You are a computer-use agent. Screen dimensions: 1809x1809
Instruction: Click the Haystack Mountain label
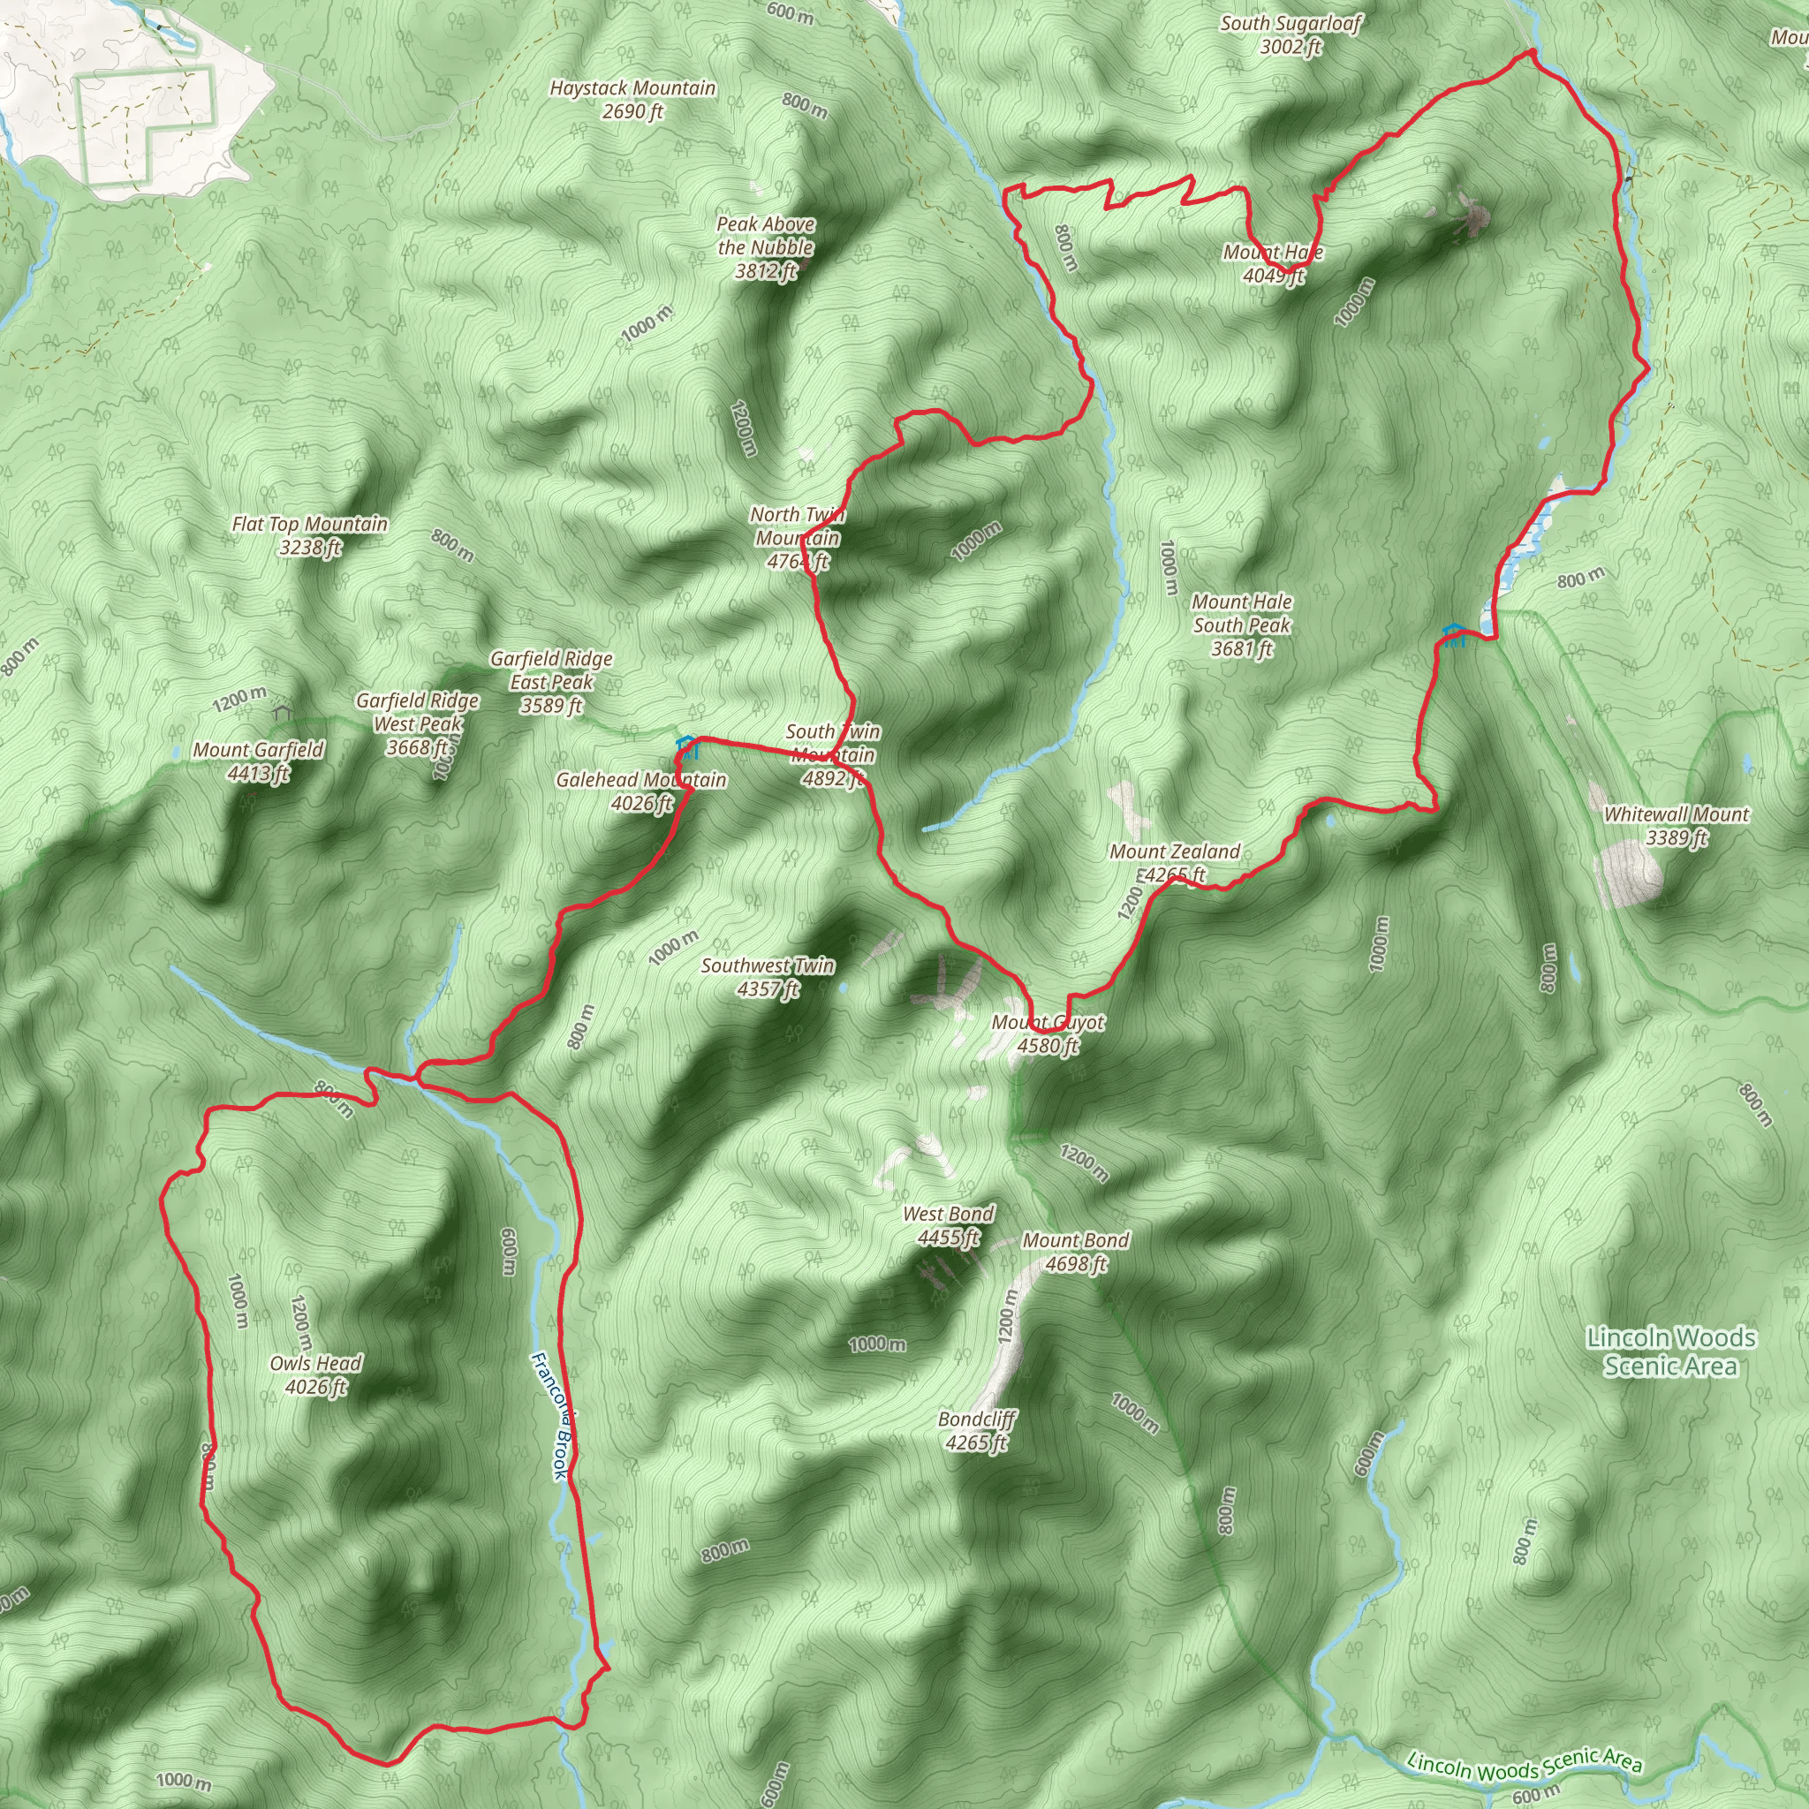pyautogui.click(x=632, y=99)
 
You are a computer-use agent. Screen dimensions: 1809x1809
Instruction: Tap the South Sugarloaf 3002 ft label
pyautogui.click(x=1291, y=34)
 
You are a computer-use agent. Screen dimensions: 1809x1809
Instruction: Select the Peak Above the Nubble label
pyautogui.click(x=765, y=248)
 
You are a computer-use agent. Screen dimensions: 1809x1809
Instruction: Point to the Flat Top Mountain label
pyautogui.click(x=310, y=535)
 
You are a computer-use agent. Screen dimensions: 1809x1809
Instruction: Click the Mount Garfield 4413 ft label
pyautogui.click(x=259, y=761)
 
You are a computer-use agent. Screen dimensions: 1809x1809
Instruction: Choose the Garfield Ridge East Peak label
pyautogui.click(x=551, y=683)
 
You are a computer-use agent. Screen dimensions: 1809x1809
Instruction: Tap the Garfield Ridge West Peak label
pyautogui.click(x=418, y=723)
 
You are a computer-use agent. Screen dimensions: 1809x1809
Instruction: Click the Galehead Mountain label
pyautogui.click(x=640, y=791)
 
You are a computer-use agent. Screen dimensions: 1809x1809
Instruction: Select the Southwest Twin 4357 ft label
pyautogui.click(x=768, y=977)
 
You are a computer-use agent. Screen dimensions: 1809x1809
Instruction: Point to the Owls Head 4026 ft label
pyautogui.click(x=315, y=1374)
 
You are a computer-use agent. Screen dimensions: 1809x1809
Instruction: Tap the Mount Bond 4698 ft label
pyautogui.click(x=1076, y=1252)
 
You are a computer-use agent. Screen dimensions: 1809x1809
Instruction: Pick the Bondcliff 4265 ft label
pyautogui.click(x=977, y=1431)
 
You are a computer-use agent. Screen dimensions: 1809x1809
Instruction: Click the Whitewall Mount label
pyautogui.click(x=1676, y=826)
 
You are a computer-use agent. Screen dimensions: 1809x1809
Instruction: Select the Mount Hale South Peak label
pyautogui.click(x=1242, y=625)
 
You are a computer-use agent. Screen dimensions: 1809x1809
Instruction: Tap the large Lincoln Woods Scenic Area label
pyautogui.click(x=1671, y=1352)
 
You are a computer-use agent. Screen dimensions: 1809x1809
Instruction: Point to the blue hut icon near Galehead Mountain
pyautogui.click(x=687, y=746)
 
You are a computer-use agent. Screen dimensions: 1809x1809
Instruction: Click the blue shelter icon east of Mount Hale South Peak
pyautogui.click(x=1453, y=635)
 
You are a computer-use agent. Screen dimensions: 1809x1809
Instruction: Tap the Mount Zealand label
pyautogui.click(x=1174, y=862)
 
